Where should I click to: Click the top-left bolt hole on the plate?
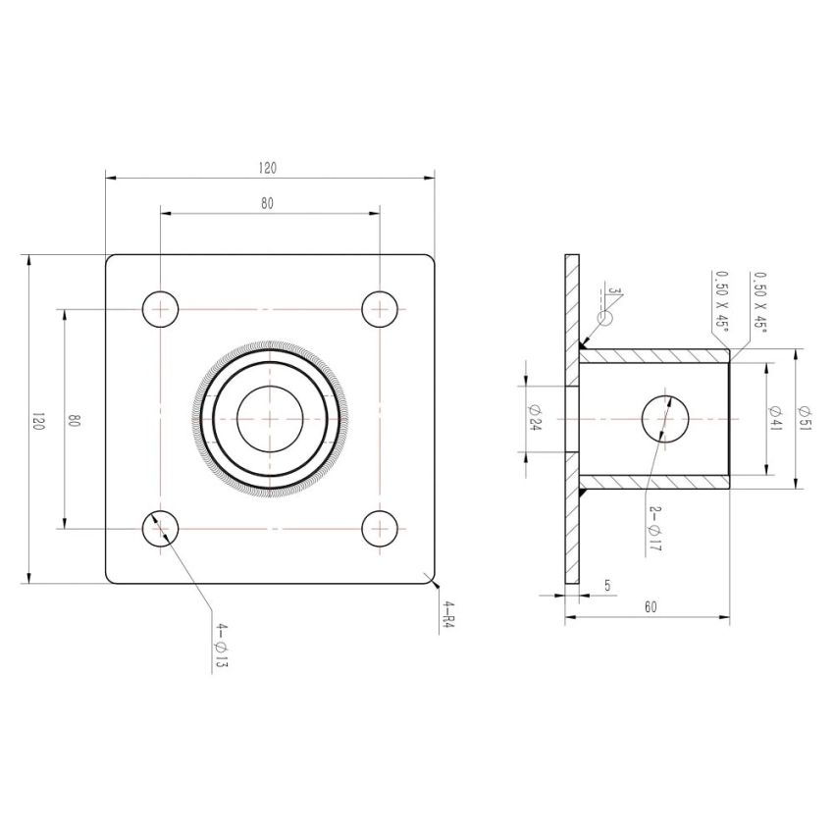(160, 309)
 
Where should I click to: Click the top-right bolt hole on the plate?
(379, 309)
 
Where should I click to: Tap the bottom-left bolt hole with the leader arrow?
(160, 528)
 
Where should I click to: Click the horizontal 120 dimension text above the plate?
(267, 168)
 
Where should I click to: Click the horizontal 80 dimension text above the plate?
(267, 203)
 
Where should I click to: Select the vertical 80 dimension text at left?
(75, 420)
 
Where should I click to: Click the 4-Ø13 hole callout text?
(222, 647)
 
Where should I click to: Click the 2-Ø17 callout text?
(654, 529)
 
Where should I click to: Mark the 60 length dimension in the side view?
(651, 607)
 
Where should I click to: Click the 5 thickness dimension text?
(607, 586)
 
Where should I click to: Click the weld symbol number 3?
(612, 292)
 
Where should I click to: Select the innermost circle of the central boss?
(269, 418)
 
